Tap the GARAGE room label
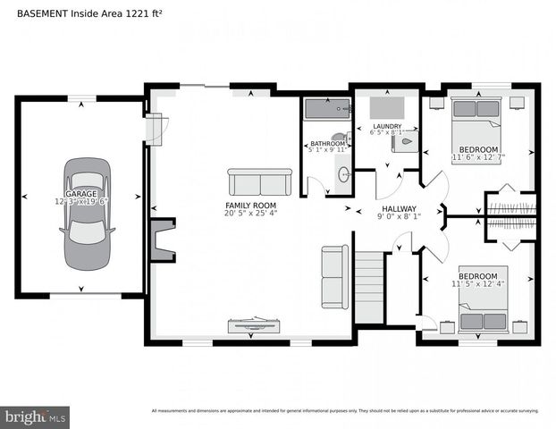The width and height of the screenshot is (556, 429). tap(80, 194)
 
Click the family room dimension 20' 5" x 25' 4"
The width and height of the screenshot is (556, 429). tap(251, 214)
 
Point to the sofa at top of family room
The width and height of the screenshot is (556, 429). tap(259, 182)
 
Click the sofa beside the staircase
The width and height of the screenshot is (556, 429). tap(334, 276)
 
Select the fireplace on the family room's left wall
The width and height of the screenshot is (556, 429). tap(162, 240)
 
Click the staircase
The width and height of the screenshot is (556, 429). tap(369, 287)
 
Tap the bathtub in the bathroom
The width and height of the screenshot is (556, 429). tap(326, 109)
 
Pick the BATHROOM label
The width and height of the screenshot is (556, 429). tap(327, 144)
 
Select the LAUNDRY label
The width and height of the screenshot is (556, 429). tap(387, 127)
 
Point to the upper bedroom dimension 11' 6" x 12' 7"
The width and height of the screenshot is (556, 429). tap(478, 158)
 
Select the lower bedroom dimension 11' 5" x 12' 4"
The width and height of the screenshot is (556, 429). tap(477, 285)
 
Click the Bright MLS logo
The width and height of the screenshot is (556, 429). tap(36, 416)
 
